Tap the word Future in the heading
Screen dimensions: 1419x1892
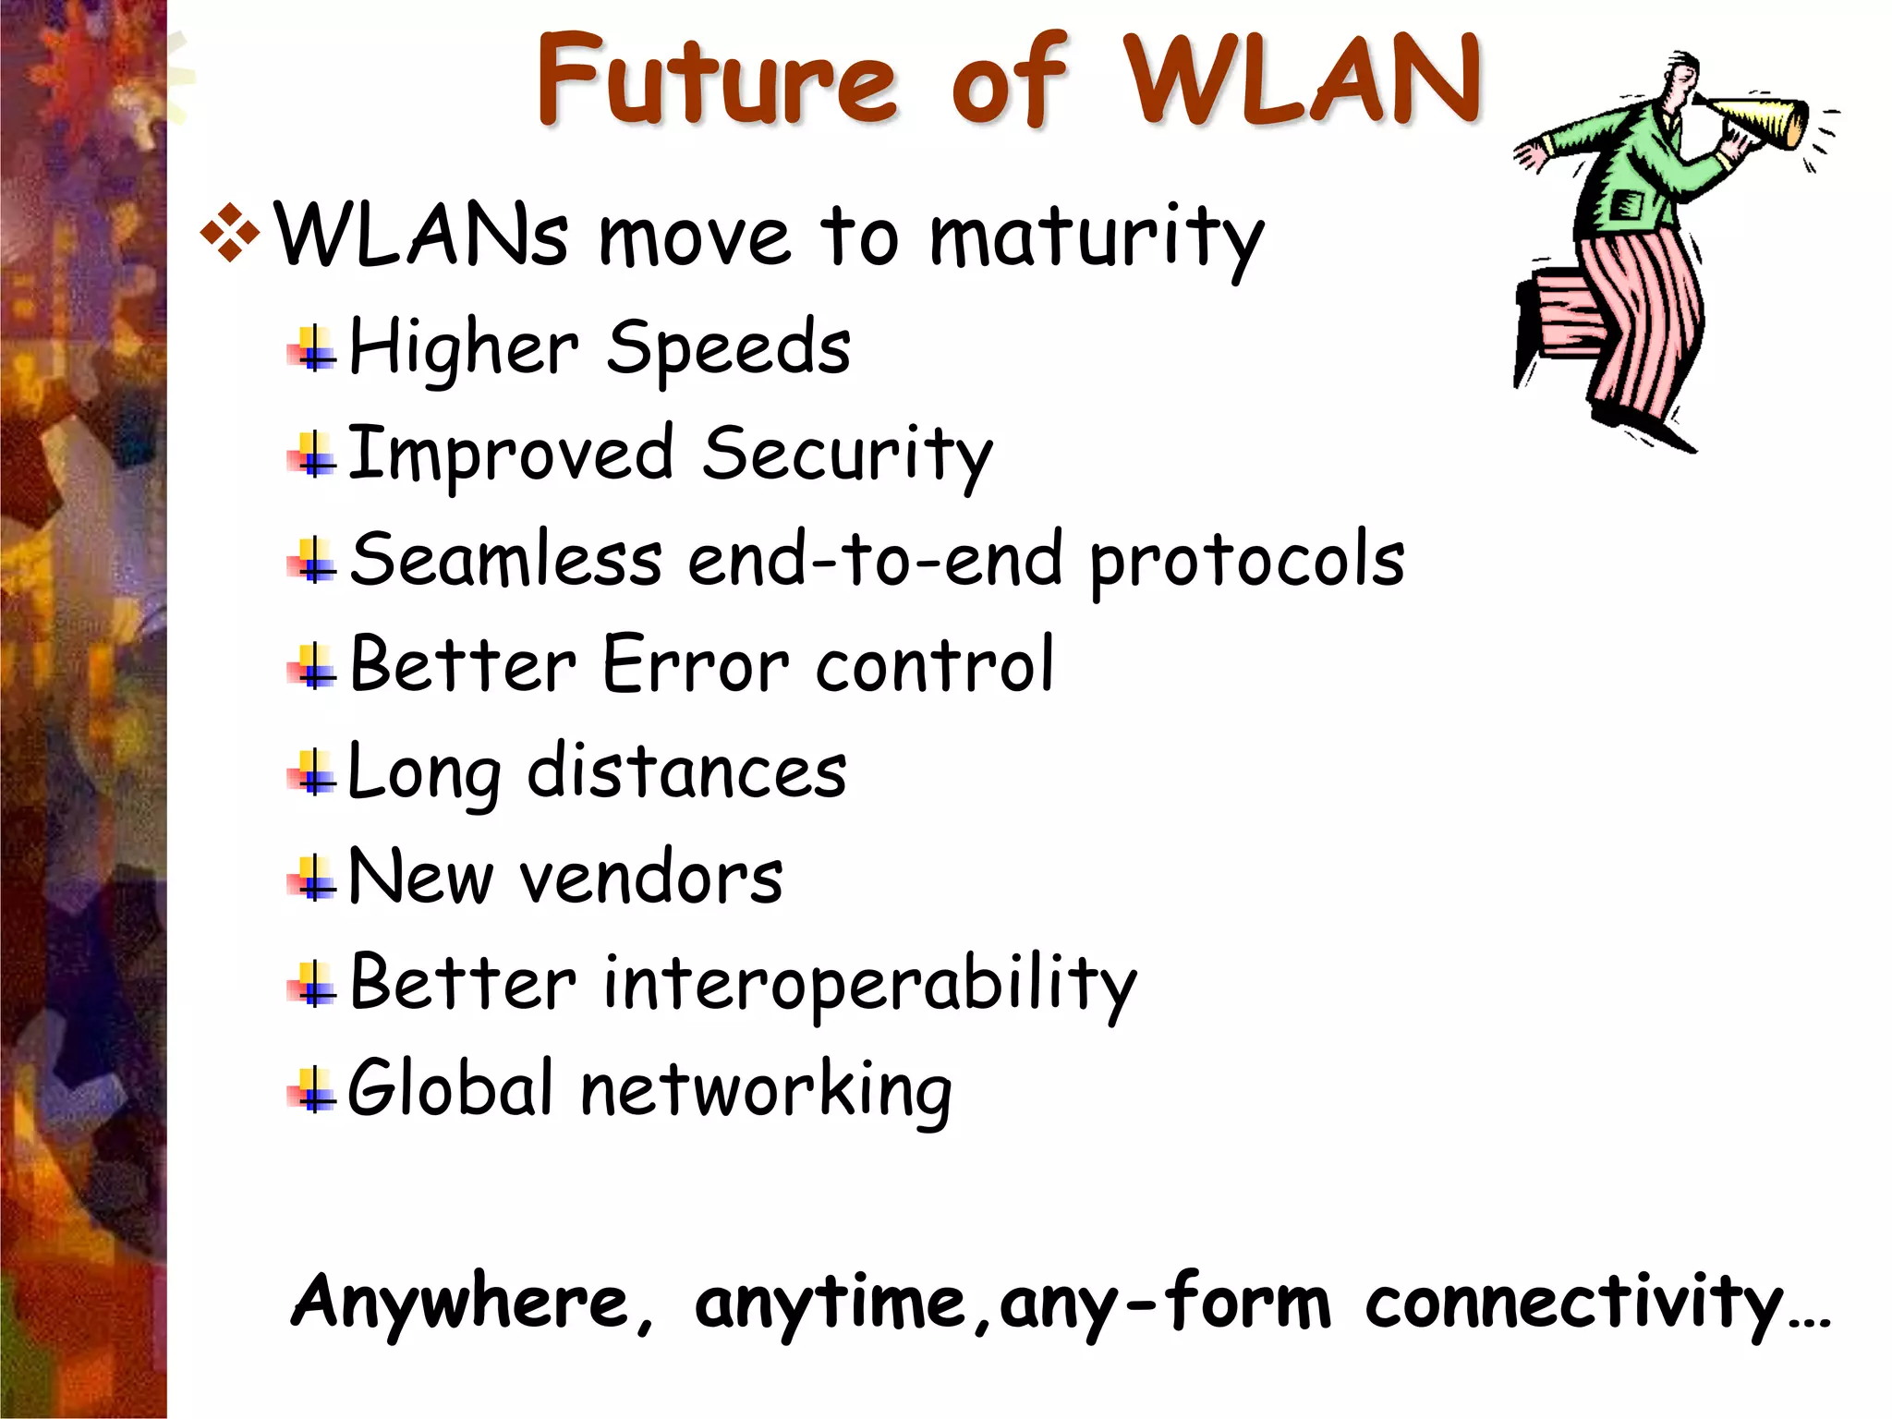coord(716,81)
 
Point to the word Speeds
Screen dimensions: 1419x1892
coord(728,348)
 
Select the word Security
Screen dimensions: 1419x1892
coord(846,455)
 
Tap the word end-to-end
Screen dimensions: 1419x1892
coord(874,561)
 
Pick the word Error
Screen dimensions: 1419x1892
coord(696,665)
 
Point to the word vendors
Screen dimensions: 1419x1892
coord(651,878)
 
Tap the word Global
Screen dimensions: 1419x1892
coord(450,1088)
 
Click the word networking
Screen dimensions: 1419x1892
coord(766,1092)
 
